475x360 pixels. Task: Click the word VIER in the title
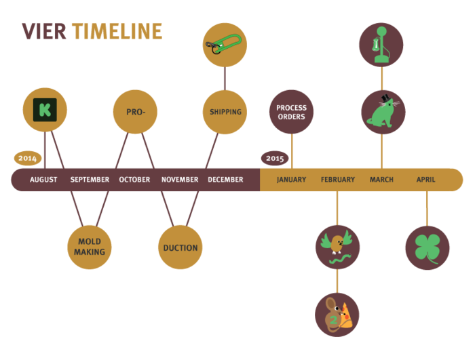43,32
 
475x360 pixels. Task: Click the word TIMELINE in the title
117,32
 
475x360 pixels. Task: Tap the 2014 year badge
27,158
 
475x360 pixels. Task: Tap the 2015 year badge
275,158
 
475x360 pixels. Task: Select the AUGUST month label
43,180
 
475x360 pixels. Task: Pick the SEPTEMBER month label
90,180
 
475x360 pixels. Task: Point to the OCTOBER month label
134,180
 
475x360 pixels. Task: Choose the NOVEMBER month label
180,180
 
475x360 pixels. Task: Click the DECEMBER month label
225,180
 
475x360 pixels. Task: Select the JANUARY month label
291,180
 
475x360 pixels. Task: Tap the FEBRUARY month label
338,180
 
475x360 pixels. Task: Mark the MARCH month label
381,180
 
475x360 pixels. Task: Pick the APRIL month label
426,180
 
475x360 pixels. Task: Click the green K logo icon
45,110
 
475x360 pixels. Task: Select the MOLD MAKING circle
90,247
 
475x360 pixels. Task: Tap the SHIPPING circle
225,112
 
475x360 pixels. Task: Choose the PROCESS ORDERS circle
291,112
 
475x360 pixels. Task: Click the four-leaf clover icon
427,247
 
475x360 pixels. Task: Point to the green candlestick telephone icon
381,45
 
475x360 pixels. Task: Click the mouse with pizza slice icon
337,315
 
